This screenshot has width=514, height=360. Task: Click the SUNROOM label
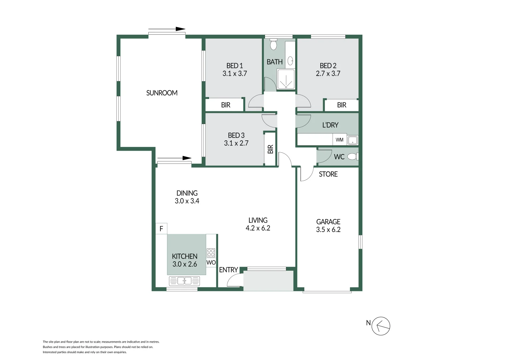click(162, 93)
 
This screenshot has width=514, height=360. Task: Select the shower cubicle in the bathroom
click(286, 79)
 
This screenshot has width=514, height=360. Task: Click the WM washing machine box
click(339, 140)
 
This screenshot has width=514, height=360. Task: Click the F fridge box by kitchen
click(161, 229)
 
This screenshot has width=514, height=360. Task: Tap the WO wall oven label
click(211, 263)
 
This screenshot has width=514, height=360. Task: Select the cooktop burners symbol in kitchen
click(211, 253)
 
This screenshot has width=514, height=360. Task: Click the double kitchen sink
click(184, 281)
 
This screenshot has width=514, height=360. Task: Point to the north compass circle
click(381, 326)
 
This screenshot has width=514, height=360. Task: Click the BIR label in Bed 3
click(270, 149)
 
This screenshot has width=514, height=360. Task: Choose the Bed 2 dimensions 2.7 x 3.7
click(328, 74)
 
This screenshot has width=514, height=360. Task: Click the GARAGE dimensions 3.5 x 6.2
click(328, 230)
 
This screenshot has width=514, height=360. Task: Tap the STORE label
click(328, 174)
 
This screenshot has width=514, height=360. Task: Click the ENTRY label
click(228, 270)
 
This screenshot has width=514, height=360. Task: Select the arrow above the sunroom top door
click(167, 29)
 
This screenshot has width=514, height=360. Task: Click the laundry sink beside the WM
click(353, 140)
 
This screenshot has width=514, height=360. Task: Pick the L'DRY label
click(330, 125)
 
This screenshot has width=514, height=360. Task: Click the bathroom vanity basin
click(290, 61)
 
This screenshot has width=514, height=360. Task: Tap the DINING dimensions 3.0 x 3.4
click(187, 201)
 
